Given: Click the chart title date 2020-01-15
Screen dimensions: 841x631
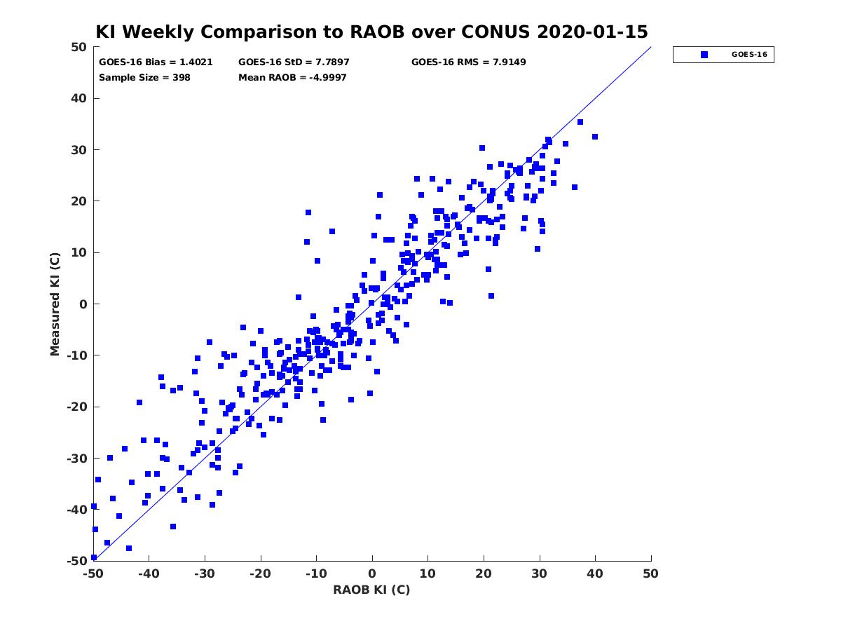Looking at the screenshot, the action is [x=592, y=32].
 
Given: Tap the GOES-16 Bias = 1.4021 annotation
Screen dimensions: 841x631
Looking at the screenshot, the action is [x=156, y=62].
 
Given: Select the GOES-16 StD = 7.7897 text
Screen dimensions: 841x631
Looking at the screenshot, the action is [x=294, y=62].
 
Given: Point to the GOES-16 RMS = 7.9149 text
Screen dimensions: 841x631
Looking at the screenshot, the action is [x=468, y=62].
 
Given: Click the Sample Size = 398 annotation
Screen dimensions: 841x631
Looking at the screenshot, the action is [x=144, y=78].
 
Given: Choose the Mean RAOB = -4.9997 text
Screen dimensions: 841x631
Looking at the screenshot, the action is [x=292, y=78].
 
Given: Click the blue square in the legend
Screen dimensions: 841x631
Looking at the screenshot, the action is [x=704, y=55].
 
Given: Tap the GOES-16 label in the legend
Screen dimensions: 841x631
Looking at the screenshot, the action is [x=749, y=55].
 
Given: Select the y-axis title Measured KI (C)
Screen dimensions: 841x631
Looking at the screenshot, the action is [x=55, y=304].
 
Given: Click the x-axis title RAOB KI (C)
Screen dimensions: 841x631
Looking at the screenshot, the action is [x=371, y=590].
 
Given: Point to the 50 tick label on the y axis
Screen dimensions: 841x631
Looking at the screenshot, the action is [x=79, y=47].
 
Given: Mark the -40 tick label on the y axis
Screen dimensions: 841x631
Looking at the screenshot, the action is [x=77, y=510].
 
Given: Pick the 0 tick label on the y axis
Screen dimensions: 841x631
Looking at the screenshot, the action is [x=83, y=304].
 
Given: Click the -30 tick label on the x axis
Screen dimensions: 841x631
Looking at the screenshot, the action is [x=205, y=574].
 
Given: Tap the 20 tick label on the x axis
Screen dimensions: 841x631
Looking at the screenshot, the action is [x=484, y=574].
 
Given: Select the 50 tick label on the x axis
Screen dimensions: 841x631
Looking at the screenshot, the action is [x=650, y=574].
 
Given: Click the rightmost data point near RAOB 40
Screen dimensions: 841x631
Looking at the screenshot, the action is [x=594, y=137].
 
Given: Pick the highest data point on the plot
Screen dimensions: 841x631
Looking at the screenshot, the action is [x=580, y=122].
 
